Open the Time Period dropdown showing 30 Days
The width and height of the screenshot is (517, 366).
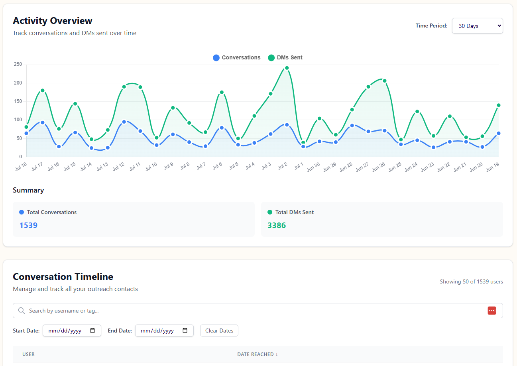pos(477,26)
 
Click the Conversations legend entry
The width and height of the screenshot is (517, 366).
pos(237,58)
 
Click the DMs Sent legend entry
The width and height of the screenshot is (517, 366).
pos(285,58)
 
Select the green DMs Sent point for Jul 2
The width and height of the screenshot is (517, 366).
pos(287,68)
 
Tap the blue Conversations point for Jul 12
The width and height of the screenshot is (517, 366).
pos(124,122)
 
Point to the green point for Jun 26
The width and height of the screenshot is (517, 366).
pos(385,81)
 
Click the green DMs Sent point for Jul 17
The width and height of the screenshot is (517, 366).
pos(43,91)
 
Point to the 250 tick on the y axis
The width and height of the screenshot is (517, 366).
pos(18,64)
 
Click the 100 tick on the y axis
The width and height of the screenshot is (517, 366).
pos(18,120)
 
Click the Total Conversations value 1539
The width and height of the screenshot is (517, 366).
pos(28,225)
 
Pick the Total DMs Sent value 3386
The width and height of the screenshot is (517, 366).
pos(277,225)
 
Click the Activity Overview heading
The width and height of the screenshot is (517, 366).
pos(53,21)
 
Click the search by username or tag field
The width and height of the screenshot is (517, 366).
pos(255,311)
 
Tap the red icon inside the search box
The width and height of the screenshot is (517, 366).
pos(491,311)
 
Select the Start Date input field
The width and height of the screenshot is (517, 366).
pos(72,331)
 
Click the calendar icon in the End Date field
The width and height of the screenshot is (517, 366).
pos(185,331)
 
